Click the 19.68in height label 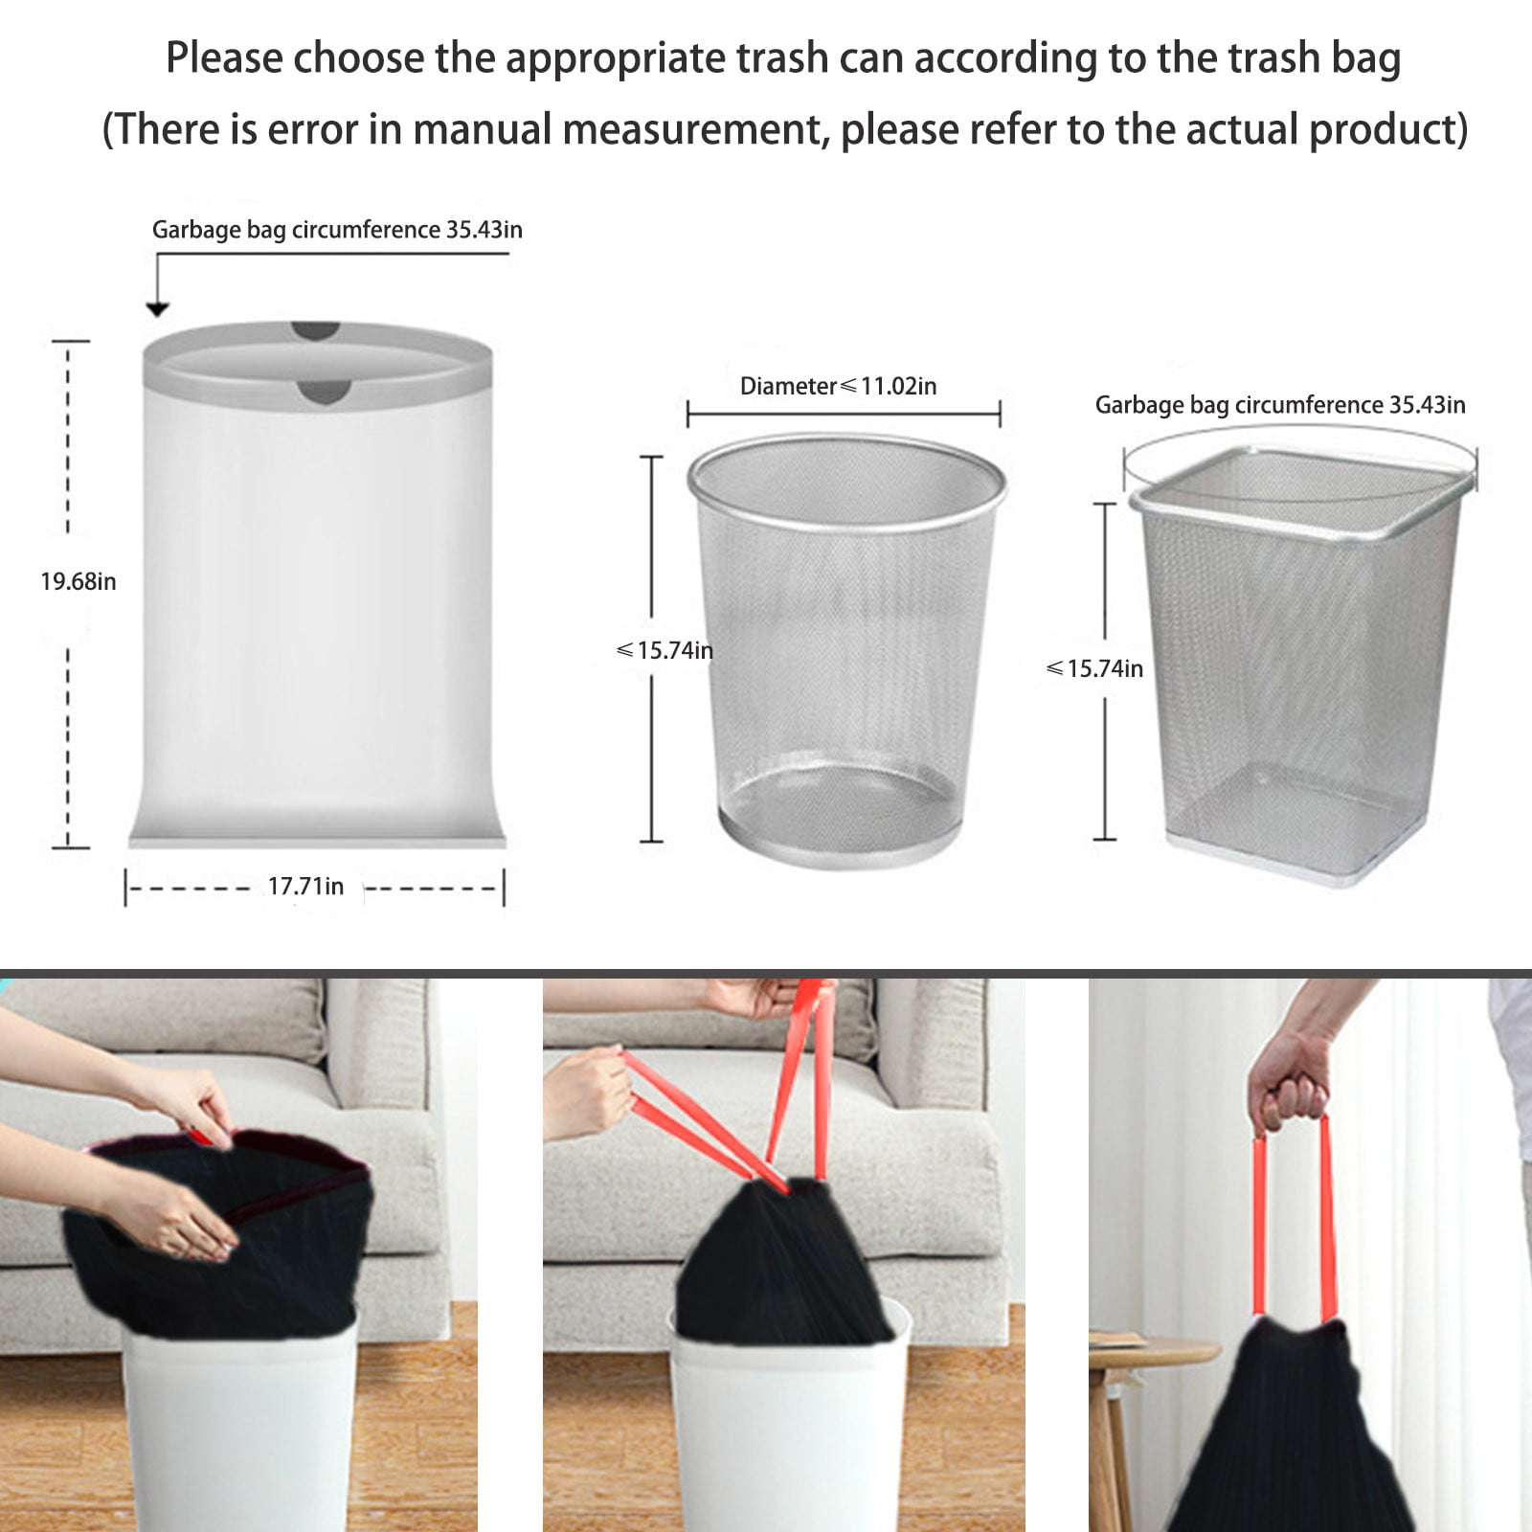click(79, 581)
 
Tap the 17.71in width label click(304, 887)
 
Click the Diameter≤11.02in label click(838, 386)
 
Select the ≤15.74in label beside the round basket click(665, 651)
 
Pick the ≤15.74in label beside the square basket click(1094, 668)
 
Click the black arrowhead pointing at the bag click(157, 308)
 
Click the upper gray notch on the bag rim click(316, 330)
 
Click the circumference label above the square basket click(1279, 405)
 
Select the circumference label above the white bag click(337, 230)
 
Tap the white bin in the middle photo click(787, 1427)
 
